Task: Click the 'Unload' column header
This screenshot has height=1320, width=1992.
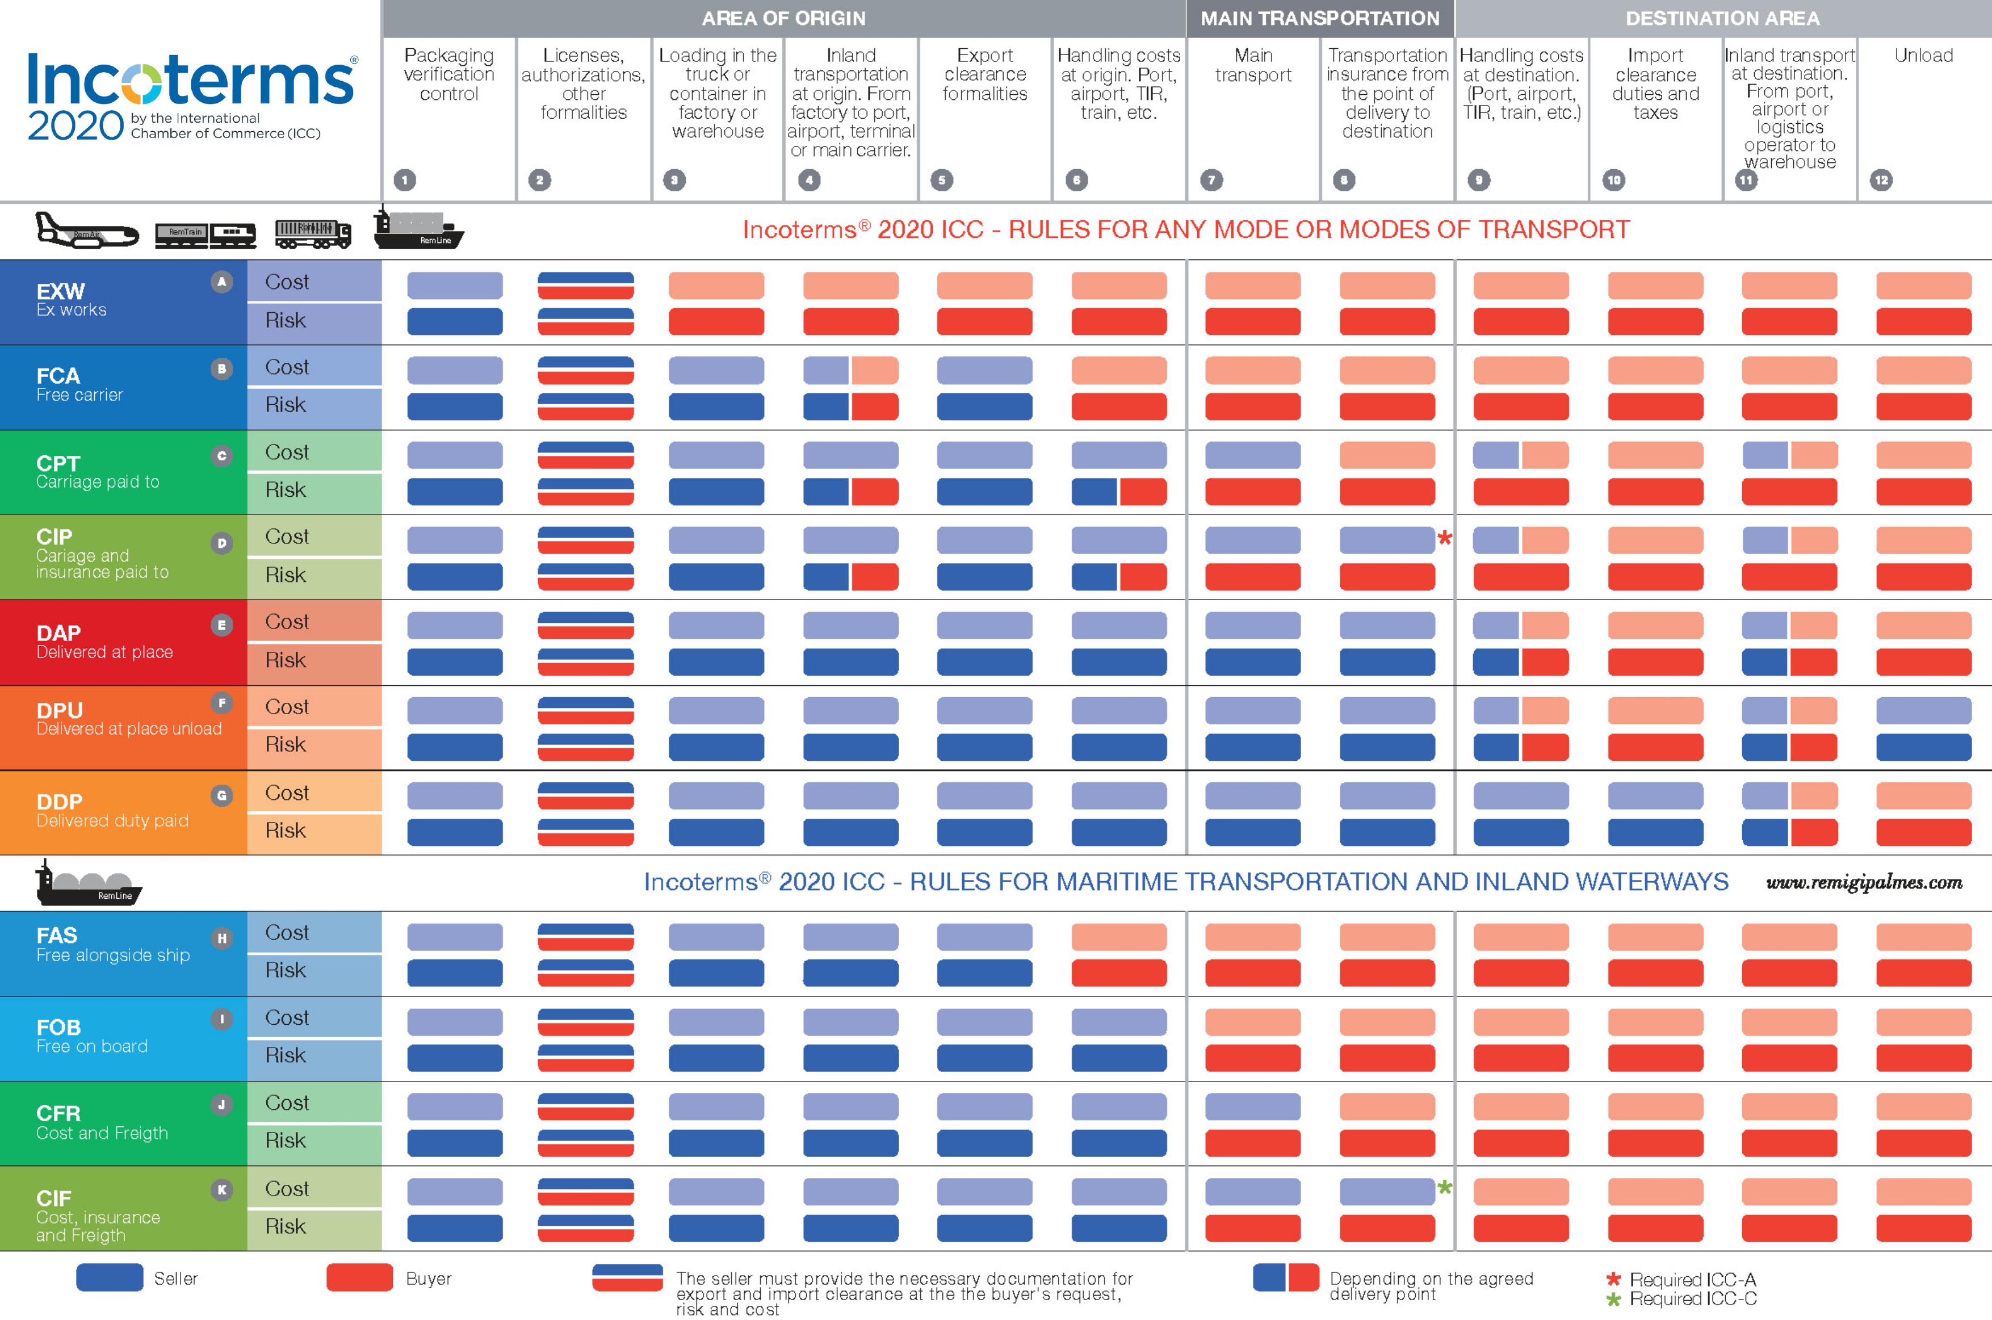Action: pos(1923,56)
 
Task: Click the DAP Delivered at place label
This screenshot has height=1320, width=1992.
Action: pos(104,642)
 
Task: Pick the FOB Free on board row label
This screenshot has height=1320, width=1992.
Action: pos(92,1036)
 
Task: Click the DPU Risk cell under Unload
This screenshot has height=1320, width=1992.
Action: pos(1923,747)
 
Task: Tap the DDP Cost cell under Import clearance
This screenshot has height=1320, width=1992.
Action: pos(1655,795)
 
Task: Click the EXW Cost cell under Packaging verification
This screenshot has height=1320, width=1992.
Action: pos(455,284)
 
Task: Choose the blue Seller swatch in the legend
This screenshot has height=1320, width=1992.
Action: pos(110,1277)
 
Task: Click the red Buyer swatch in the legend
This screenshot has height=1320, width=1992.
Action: pos(359,1277)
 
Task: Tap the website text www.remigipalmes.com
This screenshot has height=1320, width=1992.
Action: pos(1864,882)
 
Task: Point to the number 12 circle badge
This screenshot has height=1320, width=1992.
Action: pos(1881,179)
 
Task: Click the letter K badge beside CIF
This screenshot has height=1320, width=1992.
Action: pos(221,1189)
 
